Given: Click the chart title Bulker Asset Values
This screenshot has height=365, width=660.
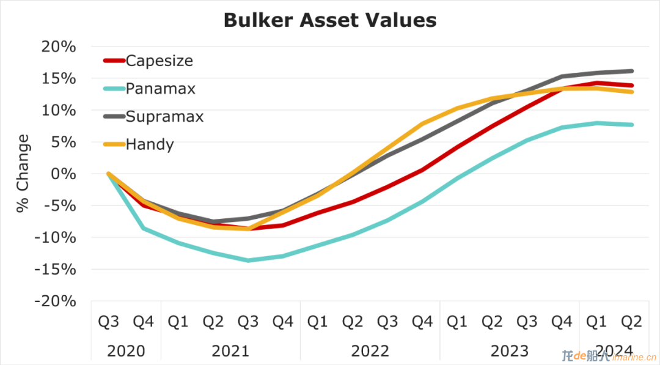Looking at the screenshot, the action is [x=330, y=20].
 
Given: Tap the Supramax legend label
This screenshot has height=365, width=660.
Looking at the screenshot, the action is [x=164, y=117].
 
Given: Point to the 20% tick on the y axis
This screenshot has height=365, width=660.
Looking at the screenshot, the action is [x=59, y=46].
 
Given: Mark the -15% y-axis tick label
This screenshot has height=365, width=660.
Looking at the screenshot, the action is [x=55, y=270].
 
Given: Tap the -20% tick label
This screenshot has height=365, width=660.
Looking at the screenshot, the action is [x=55, y=301].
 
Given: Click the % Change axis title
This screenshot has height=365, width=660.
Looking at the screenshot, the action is [x=23, y=174].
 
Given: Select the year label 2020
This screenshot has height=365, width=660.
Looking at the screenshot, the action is [x=126, y=351].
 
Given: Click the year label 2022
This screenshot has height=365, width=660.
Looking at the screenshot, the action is [x=370, y=351].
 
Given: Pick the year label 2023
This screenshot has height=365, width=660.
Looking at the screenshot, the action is [x=510, y=351].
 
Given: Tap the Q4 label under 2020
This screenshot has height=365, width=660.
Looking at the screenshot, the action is [x=144, y=322].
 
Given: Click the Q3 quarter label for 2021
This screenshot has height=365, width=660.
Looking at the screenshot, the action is [x=248, y=322].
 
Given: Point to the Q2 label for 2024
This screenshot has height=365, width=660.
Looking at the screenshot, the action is [x=632, y=322].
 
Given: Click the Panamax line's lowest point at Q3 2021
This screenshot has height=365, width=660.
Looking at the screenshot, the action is [x=248, y=260].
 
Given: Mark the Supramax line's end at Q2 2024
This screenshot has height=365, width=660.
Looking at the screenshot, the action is [x=632, y=71].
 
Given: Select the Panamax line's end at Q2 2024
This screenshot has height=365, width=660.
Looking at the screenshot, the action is [x=632, y=125].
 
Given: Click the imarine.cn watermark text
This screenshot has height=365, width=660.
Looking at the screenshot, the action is [x=634, y=358].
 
